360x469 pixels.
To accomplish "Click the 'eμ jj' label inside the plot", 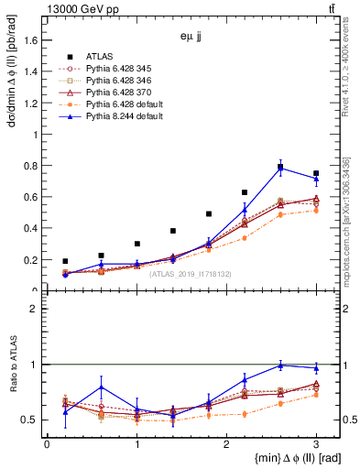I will (x=191, y=38).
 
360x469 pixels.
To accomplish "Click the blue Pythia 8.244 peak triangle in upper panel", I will (x=280, y=169).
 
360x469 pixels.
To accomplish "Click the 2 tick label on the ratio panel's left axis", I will (x=34, y=309).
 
